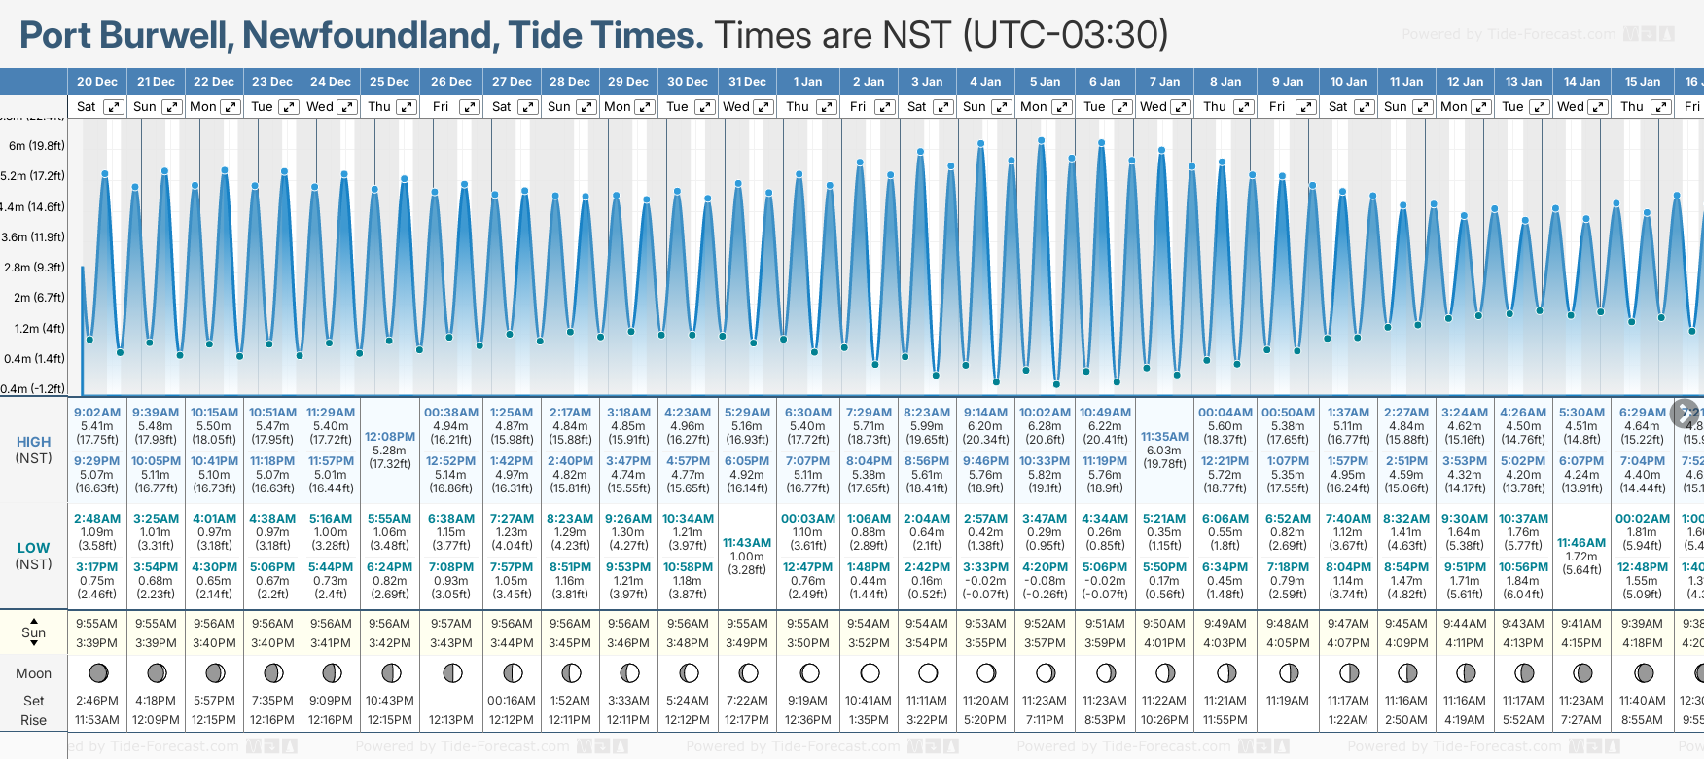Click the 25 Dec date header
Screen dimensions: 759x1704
[389, 82]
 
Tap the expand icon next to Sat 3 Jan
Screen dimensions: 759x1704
[942, 107]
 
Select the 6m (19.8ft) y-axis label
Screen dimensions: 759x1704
[37, 146]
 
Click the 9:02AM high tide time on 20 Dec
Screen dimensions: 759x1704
[97, 413]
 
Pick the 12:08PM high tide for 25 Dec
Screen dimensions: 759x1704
[390, 437]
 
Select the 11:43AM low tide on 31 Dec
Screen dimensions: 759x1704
[747, 543]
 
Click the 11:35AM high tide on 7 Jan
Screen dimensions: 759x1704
[1164, 437]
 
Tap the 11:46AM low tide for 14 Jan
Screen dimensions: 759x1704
[1581, 543]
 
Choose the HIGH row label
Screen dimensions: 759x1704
[33, 442]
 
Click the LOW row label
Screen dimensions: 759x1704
[33, 548]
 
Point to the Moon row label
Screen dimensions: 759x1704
[33, 673]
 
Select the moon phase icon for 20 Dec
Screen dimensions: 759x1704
[97, 672]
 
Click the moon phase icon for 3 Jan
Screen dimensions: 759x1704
[928, 672]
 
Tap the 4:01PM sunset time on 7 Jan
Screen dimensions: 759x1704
[1164, 643]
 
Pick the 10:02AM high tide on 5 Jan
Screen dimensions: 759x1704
[1046, 413]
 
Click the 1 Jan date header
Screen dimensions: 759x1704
[807, 82]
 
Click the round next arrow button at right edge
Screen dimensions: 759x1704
[1685, 413]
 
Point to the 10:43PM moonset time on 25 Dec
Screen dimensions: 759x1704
[390, 701]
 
